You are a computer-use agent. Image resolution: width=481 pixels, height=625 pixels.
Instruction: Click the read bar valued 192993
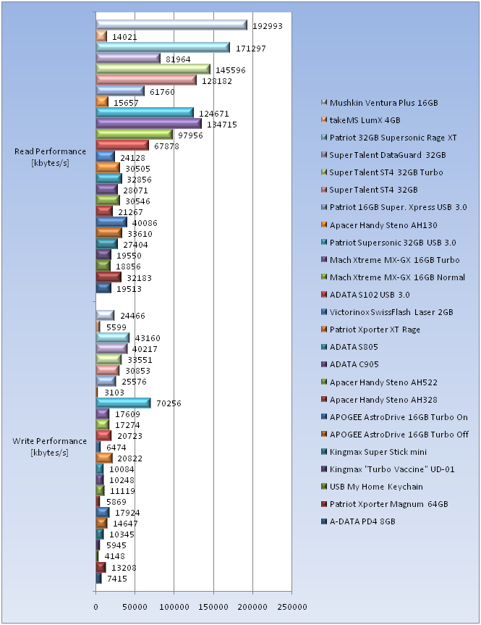pos(171,25)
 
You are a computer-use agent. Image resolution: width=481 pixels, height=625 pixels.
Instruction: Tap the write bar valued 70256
pos(123,403)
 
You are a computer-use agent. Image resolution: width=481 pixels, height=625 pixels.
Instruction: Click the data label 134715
pos(221,125)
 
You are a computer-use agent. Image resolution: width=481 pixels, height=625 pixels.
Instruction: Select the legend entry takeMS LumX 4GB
pos(365,120)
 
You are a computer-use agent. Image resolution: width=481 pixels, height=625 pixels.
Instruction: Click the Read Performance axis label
pos(50,156)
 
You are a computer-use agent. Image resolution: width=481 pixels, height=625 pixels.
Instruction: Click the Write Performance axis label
pos(50,446)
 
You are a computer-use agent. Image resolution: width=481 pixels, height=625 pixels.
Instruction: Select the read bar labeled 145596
pos(153,70)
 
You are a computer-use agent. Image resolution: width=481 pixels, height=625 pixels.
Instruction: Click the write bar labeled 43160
pos(113,337)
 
